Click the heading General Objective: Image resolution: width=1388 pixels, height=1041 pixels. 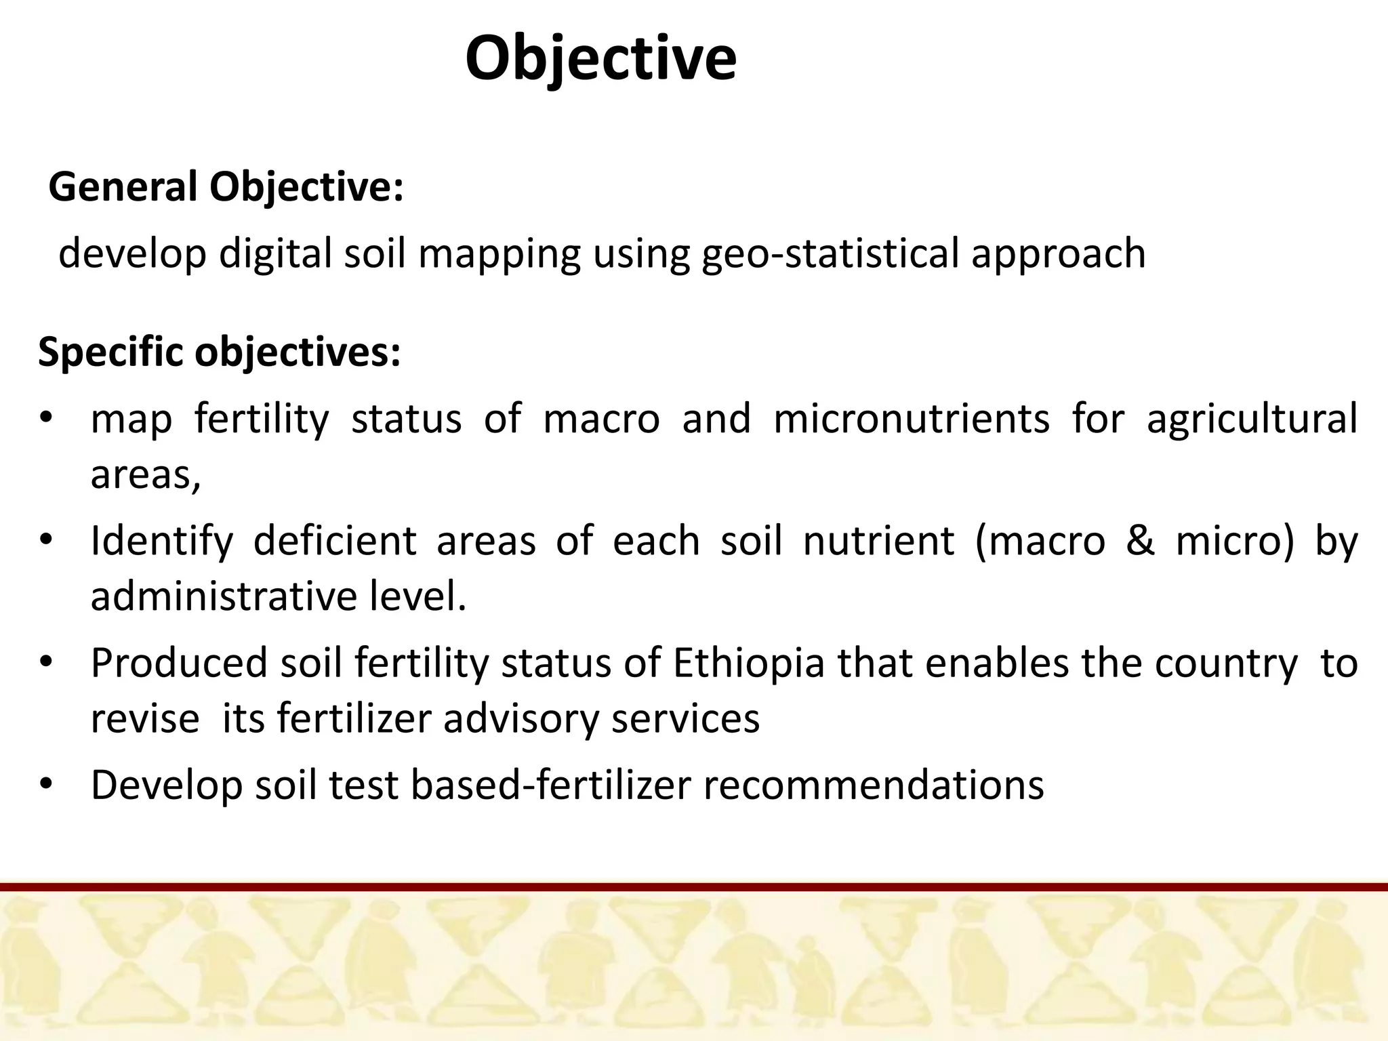(x=226, y=187)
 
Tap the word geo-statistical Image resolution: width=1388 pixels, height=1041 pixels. (x=830, y=253)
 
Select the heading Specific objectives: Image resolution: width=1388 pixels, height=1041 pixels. (x=220, y=352)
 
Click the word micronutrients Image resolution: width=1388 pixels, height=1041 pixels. (x=911, y=418)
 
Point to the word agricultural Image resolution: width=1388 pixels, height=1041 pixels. (x=1251, y=418)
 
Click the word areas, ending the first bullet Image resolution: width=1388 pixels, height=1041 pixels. (x=146, y=474)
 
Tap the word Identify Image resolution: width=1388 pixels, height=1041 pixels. (x=161, y=541)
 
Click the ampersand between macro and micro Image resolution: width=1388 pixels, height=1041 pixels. (x=1140, y=541)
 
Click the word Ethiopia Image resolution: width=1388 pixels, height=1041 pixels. (x=748, y=663)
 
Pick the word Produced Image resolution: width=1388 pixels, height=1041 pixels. (x=179, y=663)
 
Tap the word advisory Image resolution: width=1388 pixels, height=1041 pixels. (x=520, y=718)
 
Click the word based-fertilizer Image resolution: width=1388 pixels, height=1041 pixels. (x=550, y=785)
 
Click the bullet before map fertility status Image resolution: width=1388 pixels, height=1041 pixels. (x=45, y=418)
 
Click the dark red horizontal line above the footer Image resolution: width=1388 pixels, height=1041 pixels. (x=694, y=887)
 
